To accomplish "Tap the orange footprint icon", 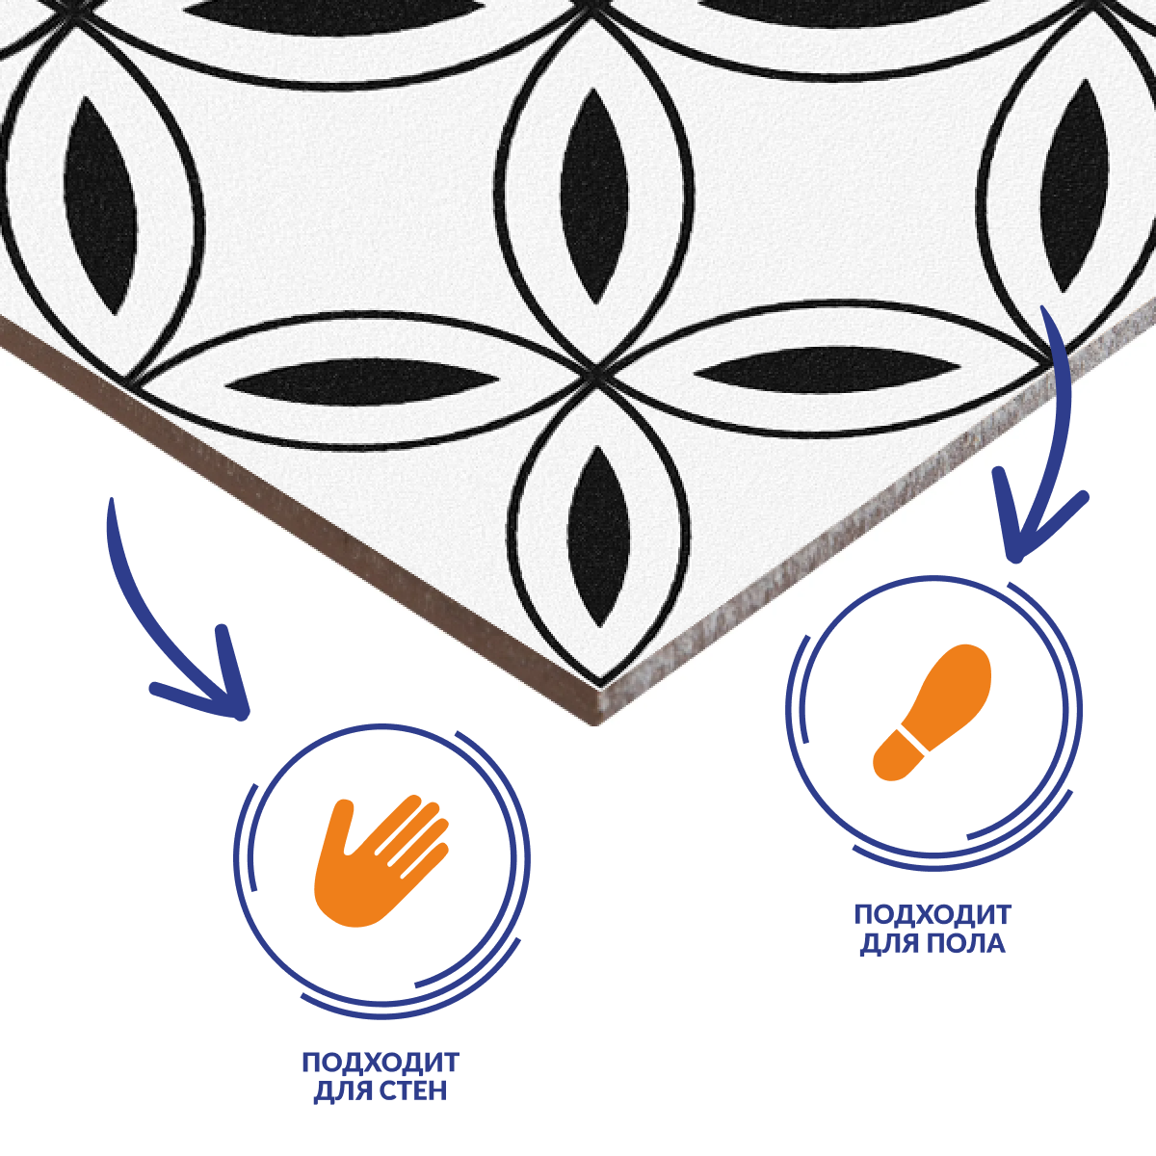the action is point(932,712).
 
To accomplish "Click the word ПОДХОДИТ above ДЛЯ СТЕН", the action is point(381,1063).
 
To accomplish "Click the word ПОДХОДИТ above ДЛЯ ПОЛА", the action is point(933,915).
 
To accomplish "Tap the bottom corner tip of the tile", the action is point(597,724).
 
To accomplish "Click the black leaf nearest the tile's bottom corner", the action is point(597,537).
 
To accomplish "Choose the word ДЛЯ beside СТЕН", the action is point(343,1091).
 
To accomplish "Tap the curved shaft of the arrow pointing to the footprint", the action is point(1059,420).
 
